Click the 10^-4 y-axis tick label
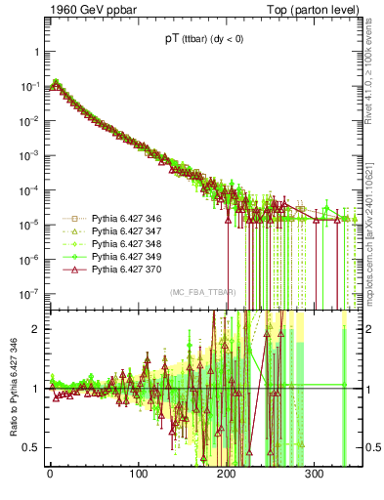[29, 190]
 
